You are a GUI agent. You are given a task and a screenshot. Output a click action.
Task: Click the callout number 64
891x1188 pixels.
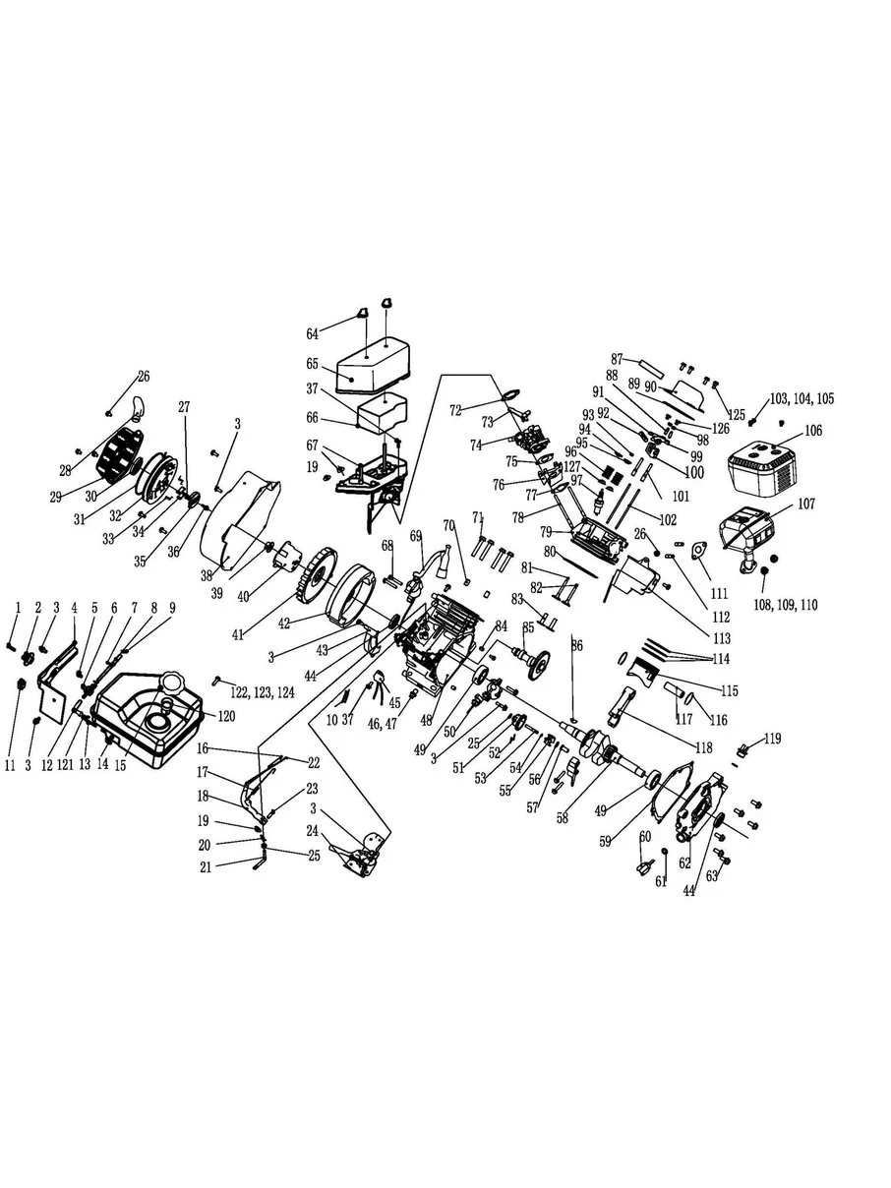tap(312, 334)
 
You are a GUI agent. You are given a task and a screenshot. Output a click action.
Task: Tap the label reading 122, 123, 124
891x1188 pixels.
tap(263, 692)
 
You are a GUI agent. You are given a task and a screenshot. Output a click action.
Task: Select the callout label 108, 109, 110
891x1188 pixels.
tap(786, 605)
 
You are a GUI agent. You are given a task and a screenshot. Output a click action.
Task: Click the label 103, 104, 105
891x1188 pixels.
tap(802, 399)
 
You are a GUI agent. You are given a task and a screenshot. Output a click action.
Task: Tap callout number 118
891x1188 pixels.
tap(704, 747)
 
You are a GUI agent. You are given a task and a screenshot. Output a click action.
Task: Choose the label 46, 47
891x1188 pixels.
tap(382, 724)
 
